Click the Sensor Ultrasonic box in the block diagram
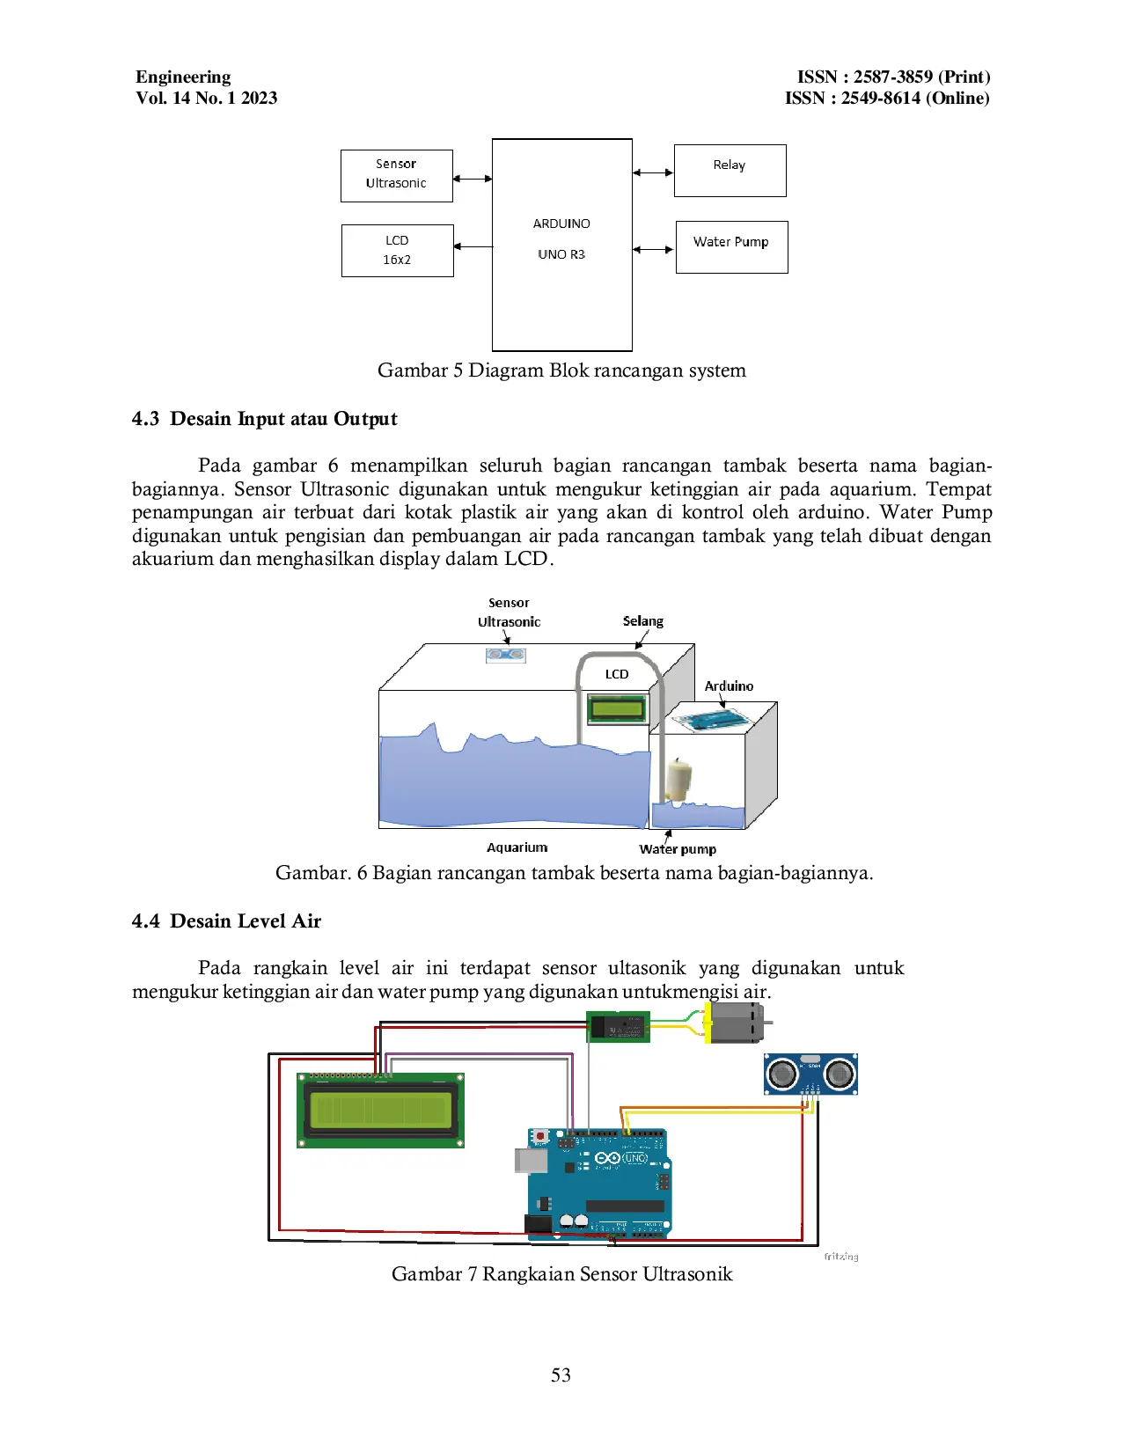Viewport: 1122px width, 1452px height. [396, 175]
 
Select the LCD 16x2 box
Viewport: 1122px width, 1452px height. [397, 250]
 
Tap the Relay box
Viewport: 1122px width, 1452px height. [730, 170]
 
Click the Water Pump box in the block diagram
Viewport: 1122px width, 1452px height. [731, 246]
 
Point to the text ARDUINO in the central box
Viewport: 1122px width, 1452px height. [561, 224]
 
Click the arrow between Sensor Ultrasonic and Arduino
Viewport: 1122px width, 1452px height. [473, 179]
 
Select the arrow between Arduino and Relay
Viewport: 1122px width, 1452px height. [653, 172]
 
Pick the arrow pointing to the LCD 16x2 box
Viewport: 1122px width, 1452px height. [473, 246]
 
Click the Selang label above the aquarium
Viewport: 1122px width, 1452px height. [642, 621]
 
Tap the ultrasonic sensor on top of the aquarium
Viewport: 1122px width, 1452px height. [506, 655]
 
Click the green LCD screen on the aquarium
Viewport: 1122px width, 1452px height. [617, 708]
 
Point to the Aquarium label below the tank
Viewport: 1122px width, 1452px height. [517, 847]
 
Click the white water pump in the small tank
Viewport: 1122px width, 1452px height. [679, 779]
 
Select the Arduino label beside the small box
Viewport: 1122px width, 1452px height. [729, 686]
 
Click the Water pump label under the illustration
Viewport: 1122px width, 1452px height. [677, 849]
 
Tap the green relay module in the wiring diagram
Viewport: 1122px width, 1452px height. [618, 1026]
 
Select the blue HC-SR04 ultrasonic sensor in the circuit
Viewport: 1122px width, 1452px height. [810, 1074]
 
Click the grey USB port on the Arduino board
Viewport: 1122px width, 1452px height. [531, 1160]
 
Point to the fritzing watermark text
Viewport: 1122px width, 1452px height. [840, 1257]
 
